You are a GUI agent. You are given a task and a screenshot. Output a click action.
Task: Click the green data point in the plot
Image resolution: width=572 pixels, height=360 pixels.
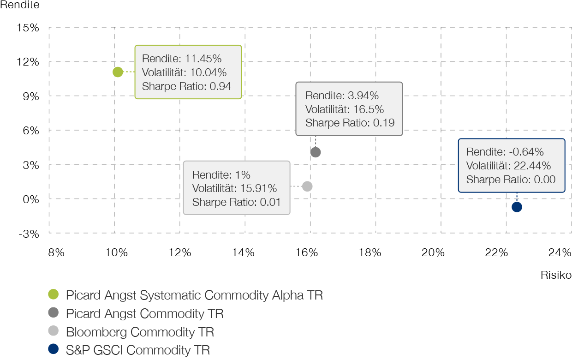[118, 72]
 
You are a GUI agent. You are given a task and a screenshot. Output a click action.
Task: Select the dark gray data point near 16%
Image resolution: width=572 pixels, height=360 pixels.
[316, 152]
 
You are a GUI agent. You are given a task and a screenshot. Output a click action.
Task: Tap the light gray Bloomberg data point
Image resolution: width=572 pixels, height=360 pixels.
[307, 186]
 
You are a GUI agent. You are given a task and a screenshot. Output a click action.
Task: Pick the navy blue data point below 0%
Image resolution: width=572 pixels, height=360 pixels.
[517, 207]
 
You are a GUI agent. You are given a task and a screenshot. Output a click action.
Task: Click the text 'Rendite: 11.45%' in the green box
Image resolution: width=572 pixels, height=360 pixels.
[182, 59]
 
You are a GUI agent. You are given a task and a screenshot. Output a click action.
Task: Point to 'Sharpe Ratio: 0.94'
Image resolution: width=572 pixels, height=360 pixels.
[186, 86]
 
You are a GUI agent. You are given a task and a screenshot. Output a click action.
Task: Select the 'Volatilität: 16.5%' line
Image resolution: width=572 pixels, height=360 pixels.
[345, 109]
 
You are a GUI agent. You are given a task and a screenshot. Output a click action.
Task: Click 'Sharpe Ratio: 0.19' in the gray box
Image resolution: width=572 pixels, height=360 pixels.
[350, 123]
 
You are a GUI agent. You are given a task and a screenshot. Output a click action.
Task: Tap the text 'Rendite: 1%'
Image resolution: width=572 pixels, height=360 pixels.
[221, 175]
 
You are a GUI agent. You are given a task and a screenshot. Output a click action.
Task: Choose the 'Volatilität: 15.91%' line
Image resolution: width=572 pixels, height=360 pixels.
[234, 189]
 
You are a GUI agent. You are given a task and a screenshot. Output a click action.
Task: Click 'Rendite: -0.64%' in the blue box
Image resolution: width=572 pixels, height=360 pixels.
[505, 152]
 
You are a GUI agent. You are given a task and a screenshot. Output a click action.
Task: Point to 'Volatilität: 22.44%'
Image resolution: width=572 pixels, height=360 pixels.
[508, 166]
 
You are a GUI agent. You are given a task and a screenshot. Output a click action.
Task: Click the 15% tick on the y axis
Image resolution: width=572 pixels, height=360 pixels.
[28, 28]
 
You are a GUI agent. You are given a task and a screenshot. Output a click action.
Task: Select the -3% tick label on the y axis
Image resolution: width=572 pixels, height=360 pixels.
[29, 234]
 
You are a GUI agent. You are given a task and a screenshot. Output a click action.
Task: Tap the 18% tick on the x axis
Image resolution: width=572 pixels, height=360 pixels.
[370, 252]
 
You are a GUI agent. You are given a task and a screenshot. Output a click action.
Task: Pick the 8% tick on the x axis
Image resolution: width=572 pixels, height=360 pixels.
[56, 252]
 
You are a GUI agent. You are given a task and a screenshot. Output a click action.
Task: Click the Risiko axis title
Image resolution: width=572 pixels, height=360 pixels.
[556, 275]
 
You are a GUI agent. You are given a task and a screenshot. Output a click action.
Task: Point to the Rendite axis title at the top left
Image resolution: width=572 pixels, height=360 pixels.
[20, 5]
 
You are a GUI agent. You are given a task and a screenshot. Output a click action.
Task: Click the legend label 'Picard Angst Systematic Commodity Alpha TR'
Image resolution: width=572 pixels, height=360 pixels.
[194, 295]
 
